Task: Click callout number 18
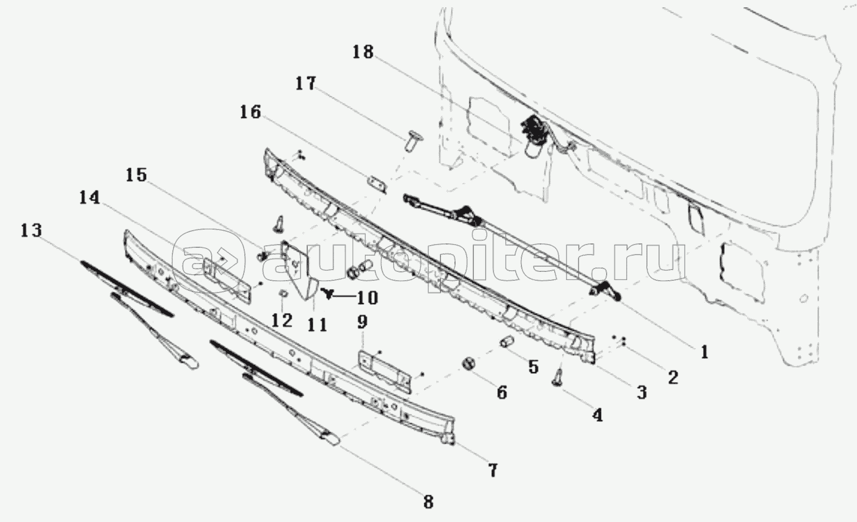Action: (362, 52)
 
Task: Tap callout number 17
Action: (306, 84)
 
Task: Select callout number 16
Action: (250, 112)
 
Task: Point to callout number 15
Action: (137, 175)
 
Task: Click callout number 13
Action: (31, 231)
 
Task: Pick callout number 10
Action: (367, 297)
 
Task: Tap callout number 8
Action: (428, 502)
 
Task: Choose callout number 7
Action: (493, 470)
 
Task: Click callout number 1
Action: (705, 352)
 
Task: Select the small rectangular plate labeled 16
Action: (377, 184)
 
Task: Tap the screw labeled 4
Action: (558, 378)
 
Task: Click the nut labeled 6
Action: (468, 363)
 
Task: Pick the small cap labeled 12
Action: (283, 294)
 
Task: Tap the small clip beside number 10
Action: (328, 294)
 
